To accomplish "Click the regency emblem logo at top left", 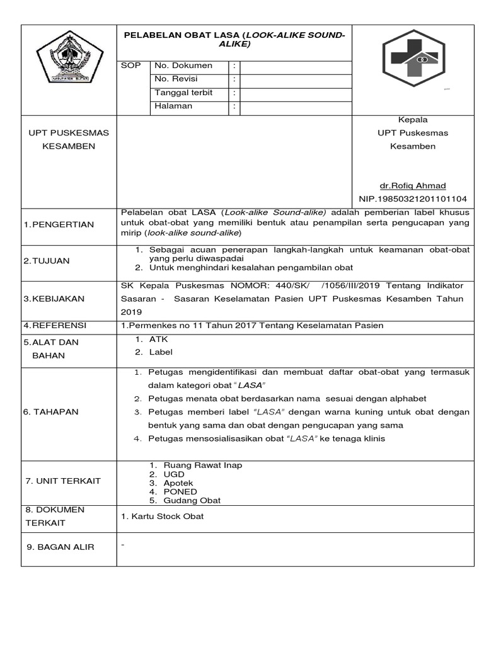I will click(x=67, y=59).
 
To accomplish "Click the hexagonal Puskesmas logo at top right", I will click(x=413, y=58).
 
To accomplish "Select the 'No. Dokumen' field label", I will click(x=183, y=66).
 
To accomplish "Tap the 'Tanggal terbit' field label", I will click(x=183, y=93).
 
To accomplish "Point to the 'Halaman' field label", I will click(x=173, y=106).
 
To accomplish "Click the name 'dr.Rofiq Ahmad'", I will click(x=412, y=185).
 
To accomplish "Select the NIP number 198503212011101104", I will click(x=413, y=199).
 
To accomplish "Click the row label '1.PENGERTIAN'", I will click(x=59, y=225).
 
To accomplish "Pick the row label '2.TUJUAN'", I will click(x=47, y=261).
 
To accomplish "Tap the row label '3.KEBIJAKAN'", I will click(x=54, y=299).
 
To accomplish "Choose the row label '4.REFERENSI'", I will click(x=55, y=326).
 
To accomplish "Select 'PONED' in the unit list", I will click(x=180, y=491).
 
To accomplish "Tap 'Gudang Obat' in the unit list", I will click(x=192, y=500).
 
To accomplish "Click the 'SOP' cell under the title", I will click(x=130, y=66).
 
